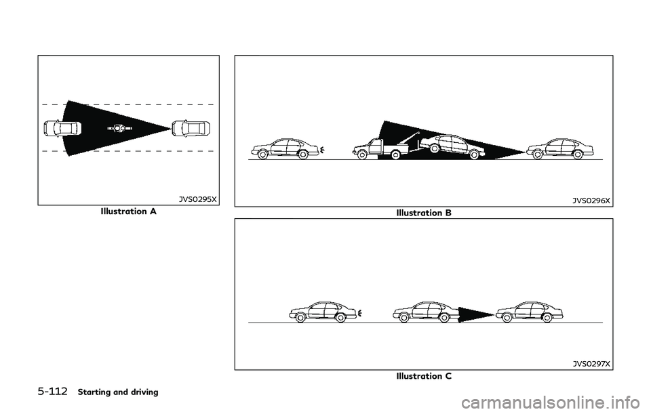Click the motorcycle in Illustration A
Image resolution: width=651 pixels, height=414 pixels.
click(x=119, y=129)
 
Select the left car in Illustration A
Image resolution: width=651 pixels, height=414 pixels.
click(x=62, y=128)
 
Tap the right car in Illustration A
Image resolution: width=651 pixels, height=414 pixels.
click(x=191, y=128)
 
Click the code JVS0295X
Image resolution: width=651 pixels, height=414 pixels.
click(x=197, y=199)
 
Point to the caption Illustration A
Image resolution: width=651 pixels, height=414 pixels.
click(x=129, y=211)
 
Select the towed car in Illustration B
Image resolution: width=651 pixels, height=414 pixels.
click(x=452, y=147)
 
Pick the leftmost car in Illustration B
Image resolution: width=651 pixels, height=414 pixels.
click(x=285, y=149)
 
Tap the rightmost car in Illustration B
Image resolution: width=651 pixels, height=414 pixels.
click(x=559, y=149)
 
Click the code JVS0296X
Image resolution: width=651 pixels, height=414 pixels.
click(x=591, y=201)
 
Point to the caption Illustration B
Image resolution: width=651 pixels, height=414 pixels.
click(x=424, y=213)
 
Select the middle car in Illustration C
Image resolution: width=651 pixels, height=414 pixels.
click(x=426, y=312)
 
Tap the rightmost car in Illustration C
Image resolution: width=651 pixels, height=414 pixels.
click(x=530, y=312)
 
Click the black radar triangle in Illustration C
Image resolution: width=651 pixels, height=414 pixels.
click(x=476, y=314)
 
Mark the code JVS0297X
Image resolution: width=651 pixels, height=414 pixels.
click(x=591, y=364)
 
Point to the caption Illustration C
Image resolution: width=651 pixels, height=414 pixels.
click(x=424, y=376)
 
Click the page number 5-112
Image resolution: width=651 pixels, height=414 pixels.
click(x=52, y=392)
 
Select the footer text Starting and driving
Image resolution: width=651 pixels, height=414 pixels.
click(x=118, y=392)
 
